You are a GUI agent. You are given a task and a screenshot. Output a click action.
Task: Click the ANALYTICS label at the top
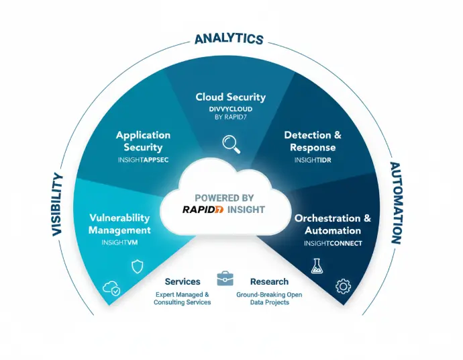point(229,38)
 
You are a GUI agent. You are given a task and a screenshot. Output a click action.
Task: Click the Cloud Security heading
point(230,97)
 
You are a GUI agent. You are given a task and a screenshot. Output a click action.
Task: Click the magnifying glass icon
point(231,142)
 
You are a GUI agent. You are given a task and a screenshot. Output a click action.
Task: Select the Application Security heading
point(143,141)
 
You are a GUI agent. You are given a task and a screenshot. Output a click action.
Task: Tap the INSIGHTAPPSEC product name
point(143,161)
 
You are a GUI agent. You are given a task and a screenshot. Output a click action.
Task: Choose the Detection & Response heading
point(313,141)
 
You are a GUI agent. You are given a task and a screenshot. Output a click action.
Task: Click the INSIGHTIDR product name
point(313,161)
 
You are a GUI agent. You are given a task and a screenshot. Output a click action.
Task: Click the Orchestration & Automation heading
point(332,224)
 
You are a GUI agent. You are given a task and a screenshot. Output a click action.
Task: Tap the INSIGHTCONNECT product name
point(332,242)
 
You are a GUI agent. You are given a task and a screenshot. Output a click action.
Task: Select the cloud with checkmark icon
point(111,289)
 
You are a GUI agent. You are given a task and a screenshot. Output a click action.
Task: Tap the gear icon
point(343,287)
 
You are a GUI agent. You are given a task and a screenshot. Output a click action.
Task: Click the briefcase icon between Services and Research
point(225,279)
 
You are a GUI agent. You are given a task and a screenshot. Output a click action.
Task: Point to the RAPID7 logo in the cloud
point(203,210)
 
